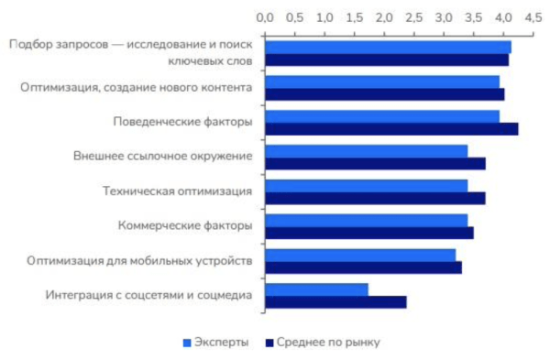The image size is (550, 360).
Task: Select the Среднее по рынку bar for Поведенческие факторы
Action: (x=391, y=128)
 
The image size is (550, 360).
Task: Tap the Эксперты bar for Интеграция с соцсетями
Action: (x=316, y=289)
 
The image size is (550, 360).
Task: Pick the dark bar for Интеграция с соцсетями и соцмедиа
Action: (x=335, y=301)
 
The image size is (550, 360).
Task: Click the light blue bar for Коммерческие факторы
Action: (x=367, y=220)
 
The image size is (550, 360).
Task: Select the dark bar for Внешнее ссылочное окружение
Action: (x=375, y=163)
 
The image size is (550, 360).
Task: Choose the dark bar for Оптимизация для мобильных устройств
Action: (x=363, y=267)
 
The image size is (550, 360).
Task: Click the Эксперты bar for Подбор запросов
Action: (x=388, y=47)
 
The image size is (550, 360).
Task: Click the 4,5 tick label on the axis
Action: (x=533, y=17)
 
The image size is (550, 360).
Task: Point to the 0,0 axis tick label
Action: (x=265, y=17)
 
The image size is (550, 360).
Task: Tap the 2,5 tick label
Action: (x=413, y=17)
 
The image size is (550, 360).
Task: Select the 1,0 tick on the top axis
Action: (x=324, y=17)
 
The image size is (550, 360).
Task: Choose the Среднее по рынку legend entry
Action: (x=322, y=343)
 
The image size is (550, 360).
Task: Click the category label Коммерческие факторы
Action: (x=186, y=225)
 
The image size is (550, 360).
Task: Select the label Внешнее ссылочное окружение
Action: (x=163, y=156)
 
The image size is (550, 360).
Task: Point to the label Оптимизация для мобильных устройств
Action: (x=139, y=260)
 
